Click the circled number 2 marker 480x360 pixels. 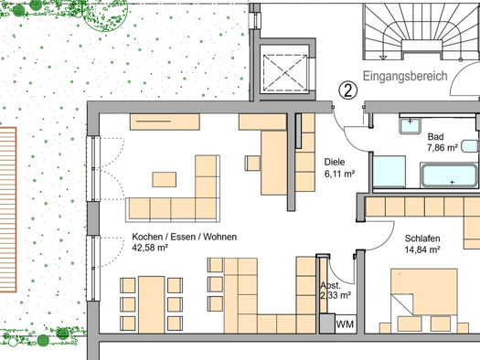(348, 90)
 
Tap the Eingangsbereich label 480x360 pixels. (405, 76)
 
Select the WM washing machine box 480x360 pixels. (346, 323)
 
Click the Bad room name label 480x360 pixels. (435, 136)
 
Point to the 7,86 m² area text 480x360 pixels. (442, 148)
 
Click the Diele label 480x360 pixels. (335, 162)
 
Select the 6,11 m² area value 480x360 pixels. (339, 174)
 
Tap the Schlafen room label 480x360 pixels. (422, 238)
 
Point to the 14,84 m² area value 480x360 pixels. (422, 249)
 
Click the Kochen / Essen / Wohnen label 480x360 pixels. (185, 237)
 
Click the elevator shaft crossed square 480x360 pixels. (285, 73)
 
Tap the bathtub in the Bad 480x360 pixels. (449, 175)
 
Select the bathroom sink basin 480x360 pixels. (410, 125)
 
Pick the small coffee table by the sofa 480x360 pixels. (165, 179)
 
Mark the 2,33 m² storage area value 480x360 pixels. (336, 295)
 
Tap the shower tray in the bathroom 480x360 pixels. (389, 172)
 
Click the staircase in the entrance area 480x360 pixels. (421, 31)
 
